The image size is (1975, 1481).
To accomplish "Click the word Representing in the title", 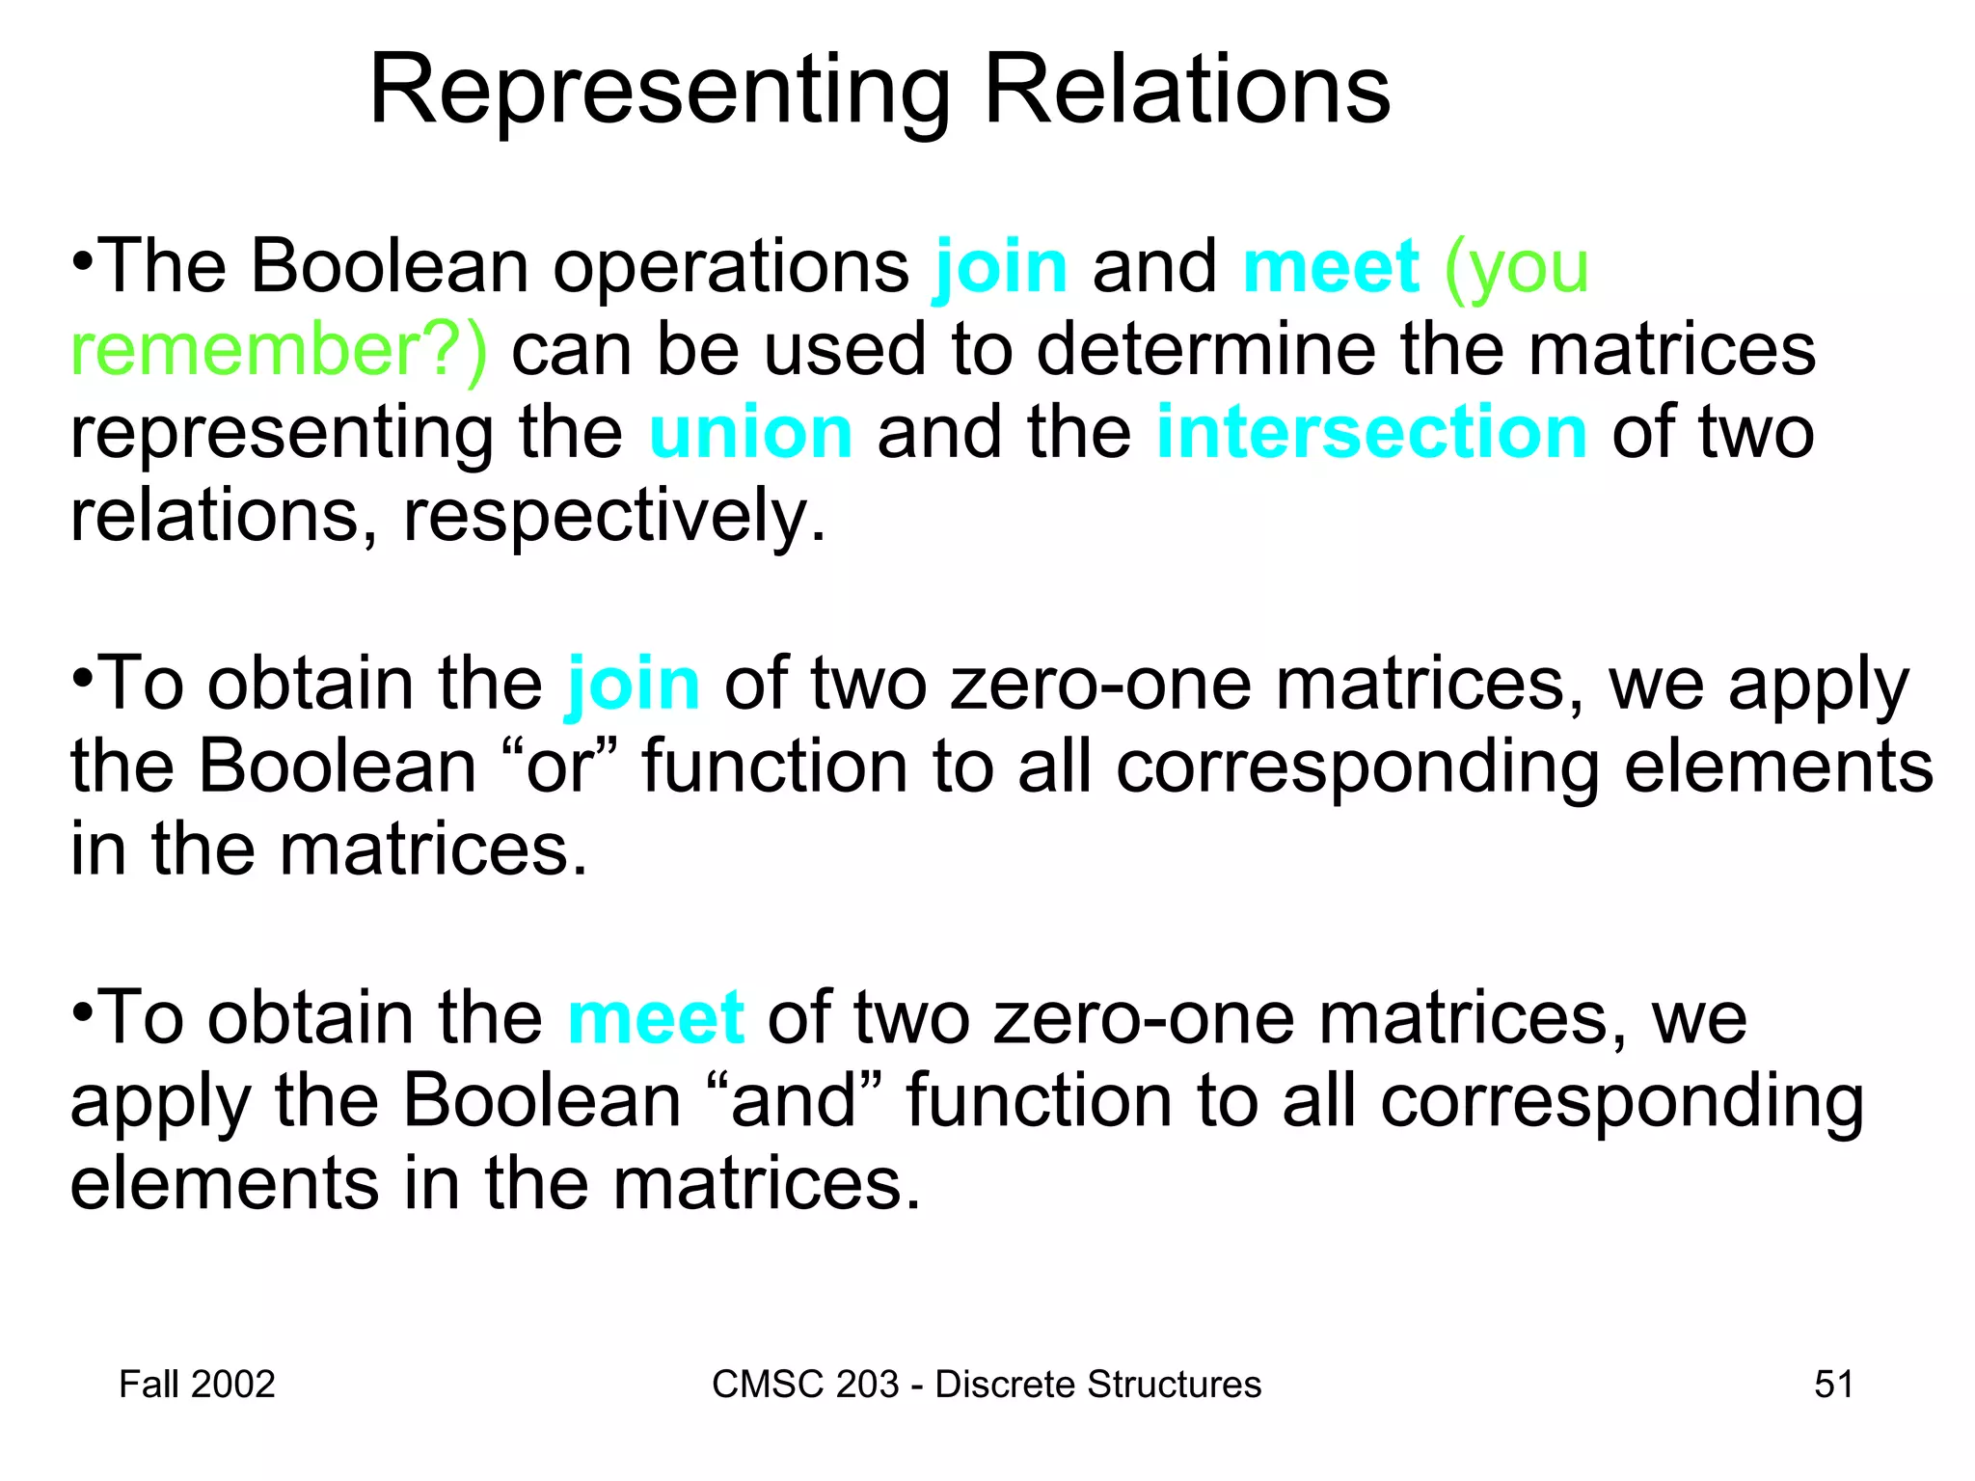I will click(x=660, y=92).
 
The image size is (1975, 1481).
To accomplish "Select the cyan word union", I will click(x=750, y=433).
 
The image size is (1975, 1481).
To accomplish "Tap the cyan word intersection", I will click(x=1370, y=433).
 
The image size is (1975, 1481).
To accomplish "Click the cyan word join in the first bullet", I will click(x=1001, y=267).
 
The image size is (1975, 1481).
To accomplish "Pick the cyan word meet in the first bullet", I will click(x=1330, y=267).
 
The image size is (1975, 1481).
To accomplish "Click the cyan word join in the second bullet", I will click(x=633, y=685).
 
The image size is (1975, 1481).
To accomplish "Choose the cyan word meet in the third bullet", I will click(x=655, y=1018).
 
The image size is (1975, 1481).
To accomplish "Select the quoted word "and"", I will click(x=794, y=1101).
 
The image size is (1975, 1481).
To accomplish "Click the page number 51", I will click(x=1833, y=1385).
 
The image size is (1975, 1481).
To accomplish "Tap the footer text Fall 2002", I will click(x=197, y=1385).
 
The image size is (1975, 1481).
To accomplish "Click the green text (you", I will click(x=1515, y=267).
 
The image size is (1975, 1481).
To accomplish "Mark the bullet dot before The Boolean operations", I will click(x=83, y=260).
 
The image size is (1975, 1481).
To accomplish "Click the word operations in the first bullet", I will click(x=730, y=267).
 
